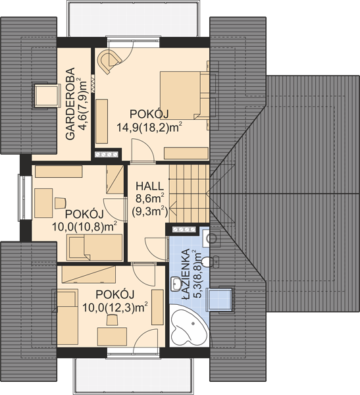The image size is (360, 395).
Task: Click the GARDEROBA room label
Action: [x=70, y=103]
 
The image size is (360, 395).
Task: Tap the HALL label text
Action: [x=149, y=186]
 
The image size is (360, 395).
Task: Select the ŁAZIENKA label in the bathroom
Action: [x=186, y=274]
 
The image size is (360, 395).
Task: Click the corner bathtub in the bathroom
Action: [x=188, y=325]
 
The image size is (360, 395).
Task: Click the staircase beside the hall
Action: [x=189, y=194]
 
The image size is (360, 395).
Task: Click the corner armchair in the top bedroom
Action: [x=110, y=61]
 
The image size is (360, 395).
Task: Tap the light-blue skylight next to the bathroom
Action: [x=219, y=300]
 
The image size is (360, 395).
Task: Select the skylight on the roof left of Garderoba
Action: [x=47, y=96]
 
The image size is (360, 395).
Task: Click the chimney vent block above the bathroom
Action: [x=184, y=230]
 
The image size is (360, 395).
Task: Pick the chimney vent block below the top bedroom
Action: [x=106, y=155]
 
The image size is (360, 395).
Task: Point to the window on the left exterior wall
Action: [x=24, y=197]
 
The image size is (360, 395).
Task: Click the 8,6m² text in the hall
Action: [x=151, y=199]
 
